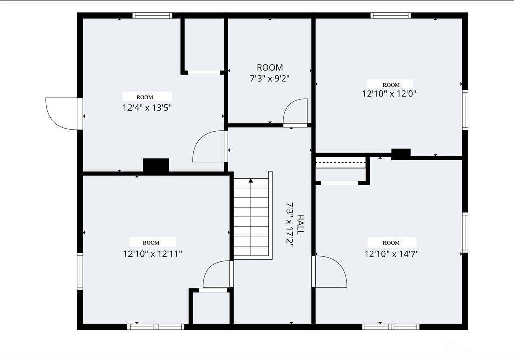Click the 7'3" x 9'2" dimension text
pyautogui.click(x=270, y=79)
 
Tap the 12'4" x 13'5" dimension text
pyautogui.click(x=147, y=108)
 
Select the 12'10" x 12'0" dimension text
pyautogui.click(x=389, y=94)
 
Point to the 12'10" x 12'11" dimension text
pyautogui.click(x=153, y=254)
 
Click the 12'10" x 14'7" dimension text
pyautogui.click(x=392, y=254)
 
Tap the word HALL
pyautogui.click(x=300, y=224)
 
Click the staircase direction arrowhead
pyautogui.click(x=251, y=180)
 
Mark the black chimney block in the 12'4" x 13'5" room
pyautogui.click(x=156, y=165)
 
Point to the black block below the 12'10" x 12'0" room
pyautogui.click(x=401, y=154)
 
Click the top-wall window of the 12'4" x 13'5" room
pyautogui.click(x=152, y=15)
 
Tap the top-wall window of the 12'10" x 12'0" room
pyautogui.click(x=391, y=15)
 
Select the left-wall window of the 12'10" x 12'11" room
pyautogui.click(x=80, y=271)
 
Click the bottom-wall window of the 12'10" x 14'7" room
pyautogui.click(x=391, y=327)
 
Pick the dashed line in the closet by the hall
pyautogui.click(x=341, y=162)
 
